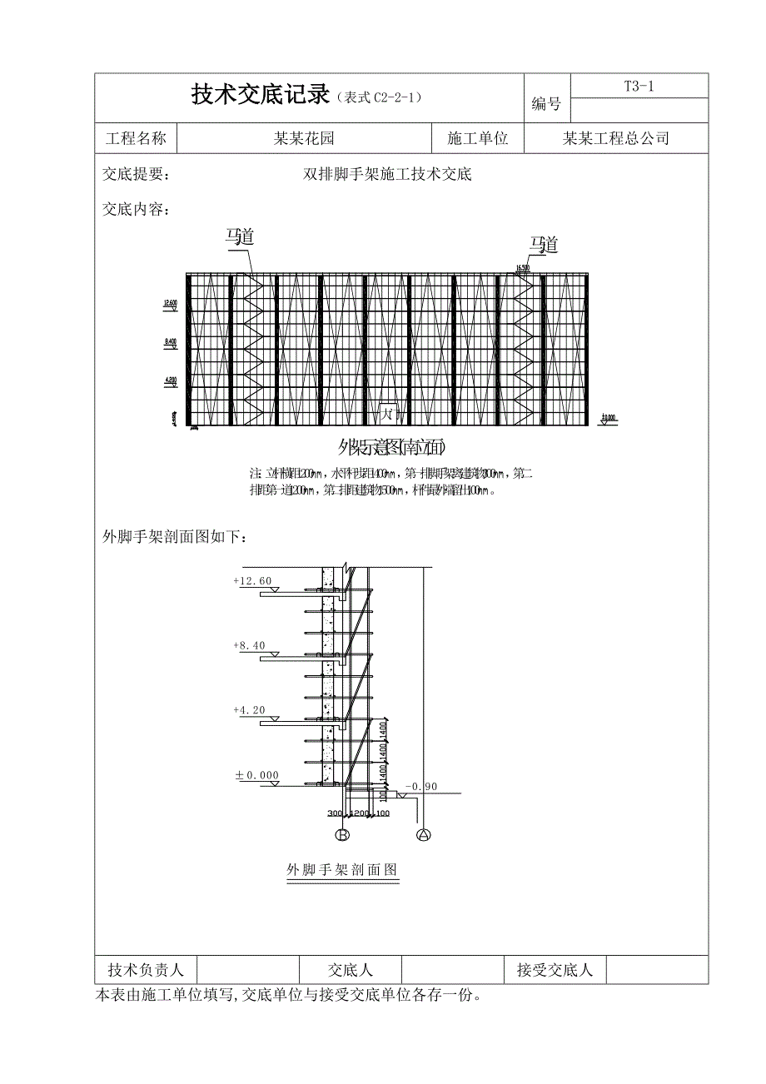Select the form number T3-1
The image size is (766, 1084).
click(639, 85)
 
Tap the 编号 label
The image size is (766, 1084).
click(546, 105)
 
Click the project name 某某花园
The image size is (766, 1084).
click(305, 138)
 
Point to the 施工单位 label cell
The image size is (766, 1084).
click(478, 138)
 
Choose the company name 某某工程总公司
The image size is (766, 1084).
click(616, 138)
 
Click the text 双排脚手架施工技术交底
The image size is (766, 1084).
click(388, 175)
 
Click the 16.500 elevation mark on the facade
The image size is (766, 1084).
click(523, 267)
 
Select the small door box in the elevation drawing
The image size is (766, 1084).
click(388, 413)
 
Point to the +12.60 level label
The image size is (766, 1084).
click(253, 580)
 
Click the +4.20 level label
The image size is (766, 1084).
click(250, 710)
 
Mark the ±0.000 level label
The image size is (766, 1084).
click(257, 775)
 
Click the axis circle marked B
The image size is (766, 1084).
click(341, 834)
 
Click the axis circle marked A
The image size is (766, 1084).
click(423, 834)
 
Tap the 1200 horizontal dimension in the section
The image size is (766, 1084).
click(359, 813)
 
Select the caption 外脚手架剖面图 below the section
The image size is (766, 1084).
click(342, 870)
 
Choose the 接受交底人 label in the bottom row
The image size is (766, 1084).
click(555, 970)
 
